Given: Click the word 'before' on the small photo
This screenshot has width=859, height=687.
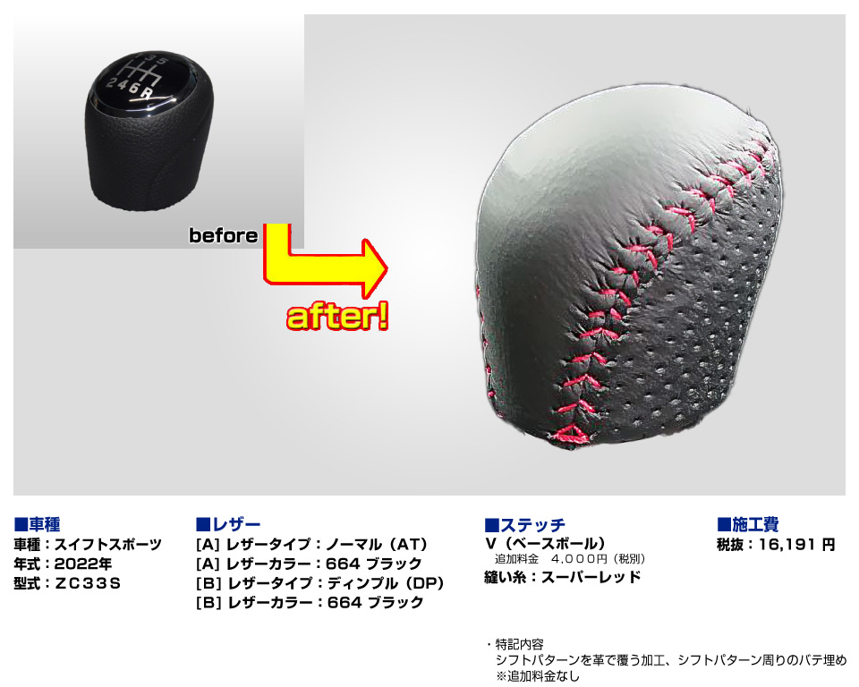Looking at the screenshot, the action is point(223,235).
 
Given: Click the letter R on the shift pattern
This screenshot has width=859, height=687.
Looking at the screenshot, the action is point(146,93).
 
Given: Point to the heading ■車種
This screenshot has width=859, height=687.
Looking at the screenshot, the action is point(37,524).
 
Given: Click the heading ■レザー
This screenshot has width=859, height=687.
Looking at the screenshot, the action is point(228,524).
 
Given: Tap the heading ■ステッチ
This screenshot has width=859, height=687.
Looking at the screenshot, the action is point(525,524).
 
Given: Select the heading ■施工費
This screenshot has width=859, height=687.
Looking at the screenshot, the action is point(748,524).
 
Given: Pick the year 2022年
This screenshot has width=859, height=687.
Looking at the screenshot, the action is point(83,564).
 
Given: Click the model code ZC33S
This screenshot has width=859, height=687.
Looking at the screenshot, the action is point(88,583).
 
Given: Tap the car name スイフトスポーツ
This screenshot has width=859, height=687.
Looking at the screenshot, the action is point(108,545).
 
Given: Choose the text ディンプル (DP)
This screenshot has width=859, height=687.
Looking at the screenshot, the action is point(386,583).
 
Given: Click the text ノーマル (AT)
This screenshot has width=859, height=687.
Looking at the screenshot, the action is point(377,545).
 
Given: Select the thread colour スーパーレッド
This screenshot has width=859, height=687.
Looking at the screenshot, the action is point(591,577).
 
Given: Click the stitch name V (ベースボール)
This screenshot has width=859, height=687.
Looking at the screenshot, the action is point(546,544).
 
